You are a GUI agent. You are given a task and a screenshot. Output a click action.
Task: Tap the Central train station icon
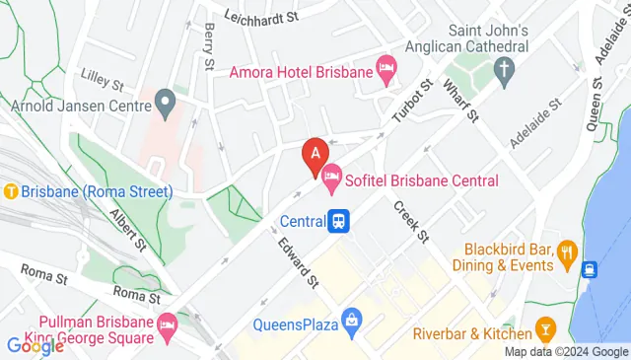(340, 221)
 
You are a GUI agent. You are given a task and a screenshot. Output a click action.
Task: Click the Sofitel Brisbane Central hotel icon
(333, 180)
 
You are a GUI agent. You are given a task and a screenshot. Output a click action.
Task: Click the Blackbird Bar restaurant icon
(567, 252)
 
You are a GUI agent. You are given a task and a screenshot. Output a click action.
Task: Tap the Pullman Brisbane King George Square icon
(168, 323)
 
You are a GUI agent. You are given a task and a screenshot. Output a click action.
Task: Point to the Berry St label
(209, 47)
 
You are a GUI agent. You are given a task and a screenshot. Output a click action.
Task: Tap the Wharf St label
(460, 102)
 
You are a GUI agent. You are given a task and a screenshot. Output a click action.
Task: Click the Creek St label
(410, 222)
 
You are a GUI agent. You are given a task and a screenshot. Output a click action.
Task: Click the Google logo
(35, 345)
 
